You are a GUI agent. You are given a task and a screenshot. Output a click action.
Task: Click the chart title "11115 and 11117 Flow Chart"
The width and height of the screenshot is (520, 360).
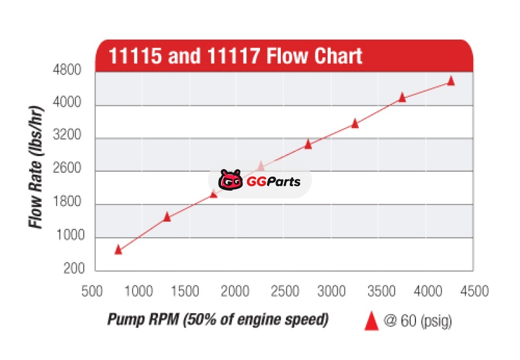(235, 55)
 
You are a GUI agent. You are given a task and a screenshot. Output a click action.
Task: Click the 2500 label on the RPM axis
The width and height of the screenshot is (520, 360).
(282, 290)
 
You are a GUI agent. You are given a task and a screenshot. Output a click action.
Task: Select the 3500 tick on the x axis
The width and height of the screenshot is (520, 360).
(378, 290)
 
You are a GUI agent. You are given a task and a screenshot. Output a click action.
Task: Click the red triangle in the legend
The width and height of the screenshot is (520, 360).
(371, 321)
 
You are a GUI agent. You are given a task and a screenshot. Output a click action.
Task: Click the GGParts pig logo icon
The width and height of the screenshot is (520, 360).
(230, 181)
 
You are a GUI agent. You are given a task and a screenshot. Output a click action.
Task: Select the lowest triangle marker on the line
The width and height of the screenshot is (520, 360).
(118, 249)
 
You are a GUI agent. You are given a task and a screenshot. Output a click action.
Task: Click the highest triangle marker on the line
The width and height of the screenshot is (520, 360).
(451, 81)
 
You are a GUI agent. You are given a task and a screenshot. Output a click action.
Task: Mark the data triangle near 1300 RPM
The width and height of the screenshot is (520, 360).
(166, 216)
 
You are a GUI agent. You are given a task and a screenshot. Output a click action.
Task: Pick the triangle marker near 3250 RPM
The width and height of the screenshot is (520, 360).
(355, 123)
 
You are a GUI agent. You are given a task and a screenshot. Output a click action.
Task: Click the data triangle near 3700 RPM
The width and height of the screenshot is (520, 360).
(402, 97)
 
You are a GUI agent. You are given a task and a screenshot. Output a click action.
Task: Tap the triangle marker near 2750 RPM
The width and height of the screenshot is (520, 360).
(308, 144)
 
